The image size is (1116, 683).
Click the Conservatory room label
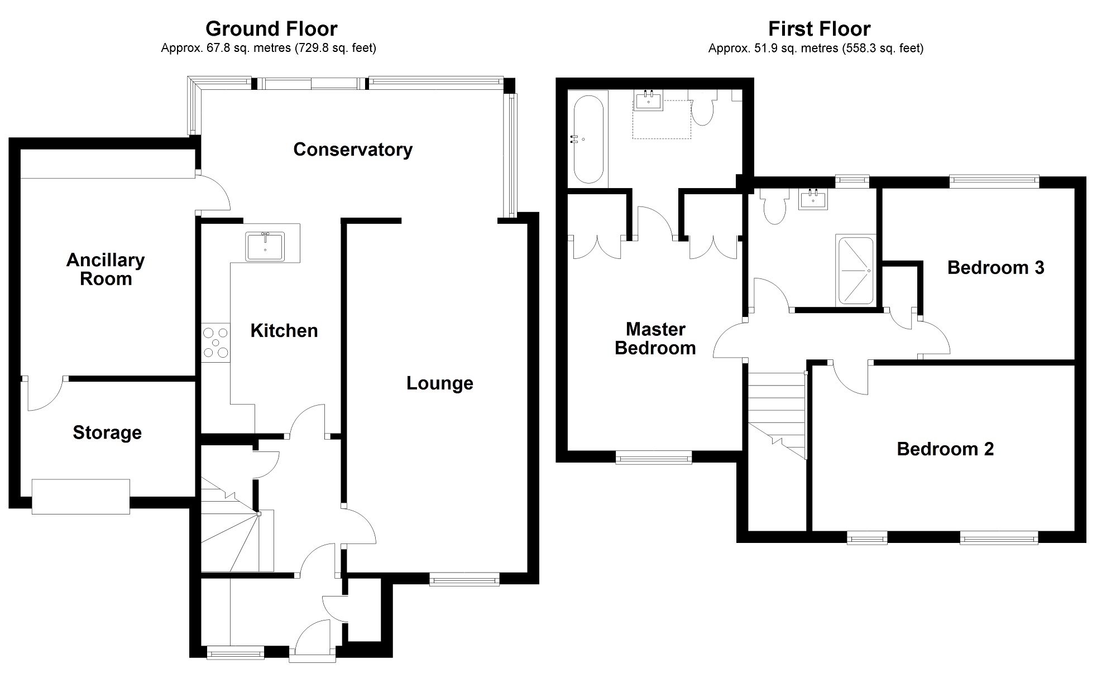[352, 150]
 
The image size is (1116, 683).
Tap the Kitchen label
[284, 330]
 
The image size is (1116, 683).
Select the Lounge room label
[439, 383]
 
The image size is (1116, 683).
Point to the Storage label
[107, 432]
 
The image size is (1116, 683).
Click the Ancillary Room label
[106, 269]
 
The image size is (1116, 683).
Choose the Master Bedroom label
[655, 339]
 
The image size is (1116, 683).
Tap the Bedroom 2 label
[945, 449]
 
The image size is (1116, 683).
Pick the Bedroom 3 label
[995, 268]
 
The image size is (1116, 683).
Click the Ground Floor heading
[271, 28]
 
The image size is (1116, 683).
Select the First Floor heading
[819, 28]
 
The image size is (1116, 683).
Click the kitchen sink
[265, 247]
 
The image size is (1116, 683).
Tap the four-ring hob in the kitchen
[216, 343]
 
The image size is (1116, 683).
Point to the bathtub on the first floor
[588, 140]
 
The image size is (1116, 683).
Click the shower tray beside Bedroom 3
[854, 271]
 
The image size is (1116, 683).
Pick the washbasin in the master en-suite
[649, 101]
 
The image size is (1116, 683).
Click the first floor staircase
[777, 413]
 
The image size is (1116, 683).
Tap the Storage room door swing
[44, 394]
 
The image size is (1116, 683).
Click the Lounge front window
[464, 580]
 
